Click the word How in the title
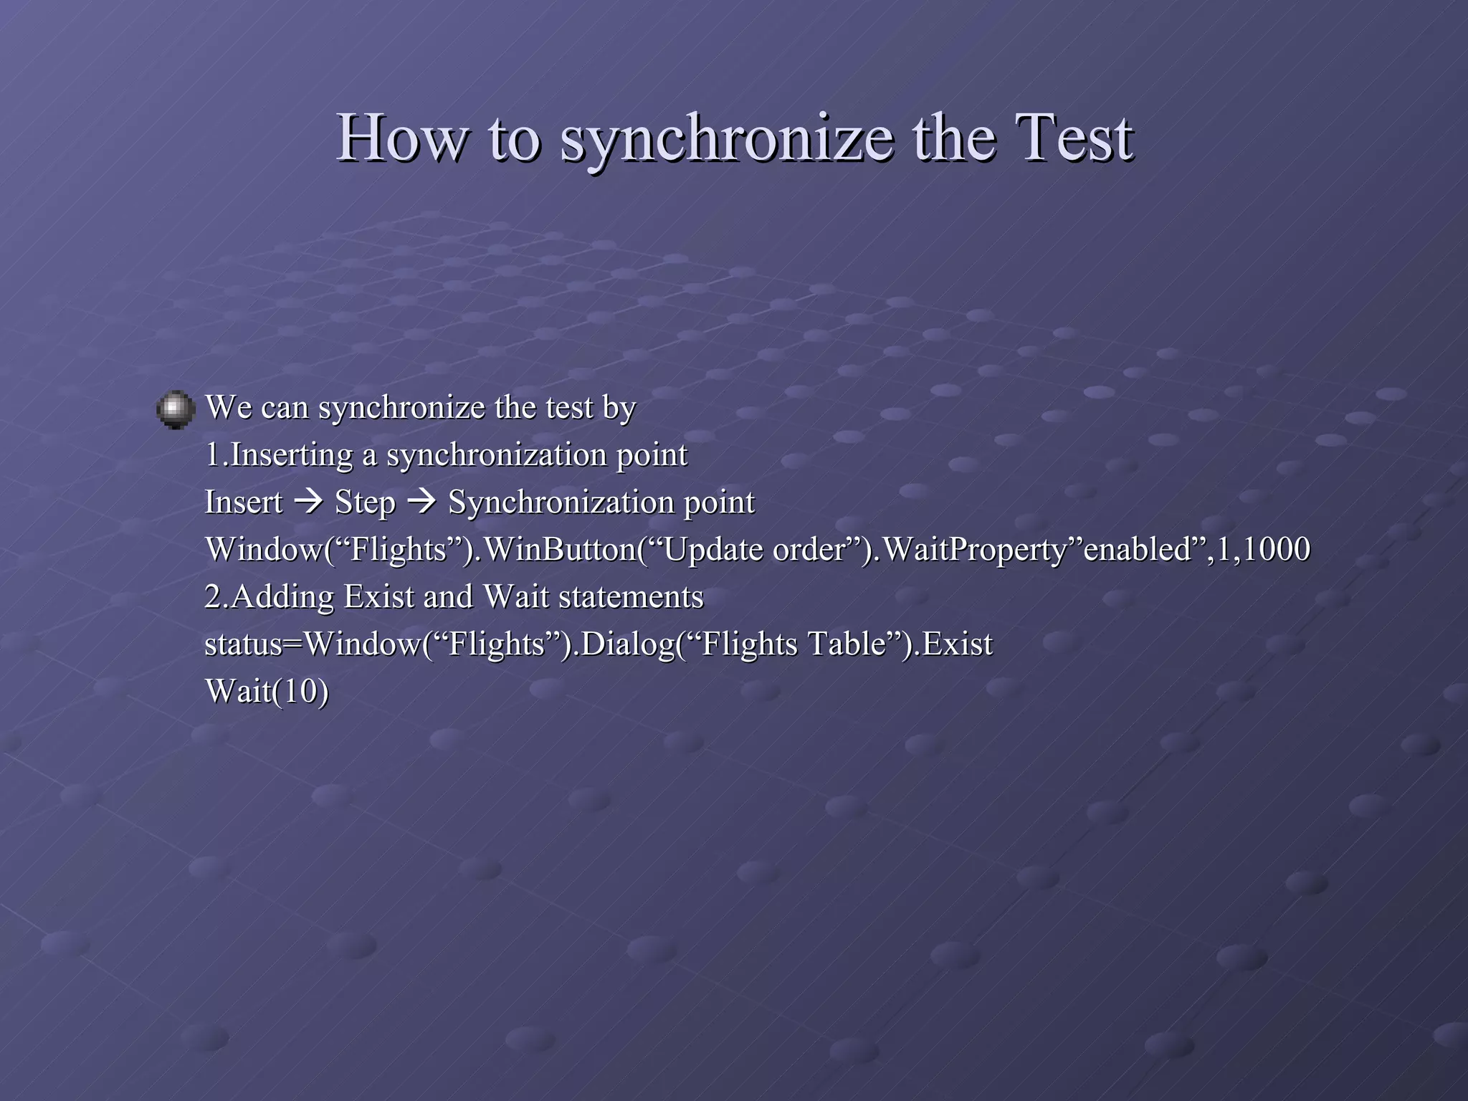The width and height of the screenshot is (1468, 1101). (401, 138)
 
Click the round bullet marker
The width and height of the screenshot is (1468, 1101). (176, 410)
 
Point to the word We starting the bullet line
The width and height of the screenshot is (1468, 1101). (227, 407)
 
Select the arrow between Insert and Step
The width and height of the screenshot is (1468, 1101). (309, 502)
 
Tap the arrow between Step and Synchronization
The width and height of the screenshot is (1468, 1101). (421, 502)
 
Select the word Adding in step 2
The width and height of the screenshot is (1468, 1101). (282, 597)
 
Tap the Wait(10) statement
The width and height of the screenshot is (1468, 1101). (267, 692)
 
